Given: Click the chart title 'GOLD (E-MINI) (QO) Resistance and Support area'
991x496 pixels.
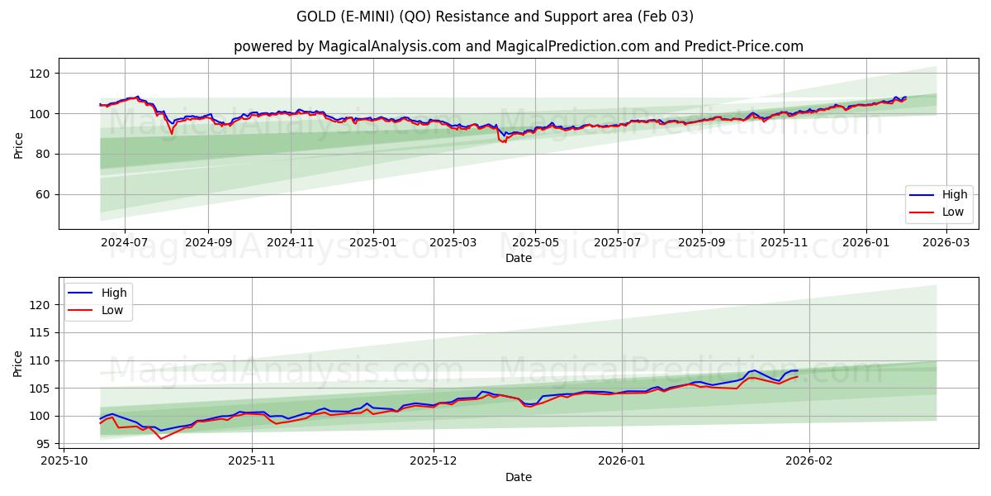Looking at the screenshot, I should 495,17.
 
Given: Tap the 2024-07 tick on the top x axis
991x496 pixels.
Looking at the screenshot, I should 125,243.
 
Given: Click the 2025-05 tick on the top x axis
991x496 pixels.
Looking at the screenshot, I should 535,243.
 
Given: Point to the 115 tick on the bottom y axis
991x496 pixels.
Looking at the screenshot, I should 41,332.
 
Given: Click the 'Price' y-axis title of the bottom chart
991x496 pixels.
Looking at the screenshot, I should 19,363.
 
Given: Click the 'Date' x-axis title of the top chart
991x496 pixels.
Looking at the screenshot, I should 518,258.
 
